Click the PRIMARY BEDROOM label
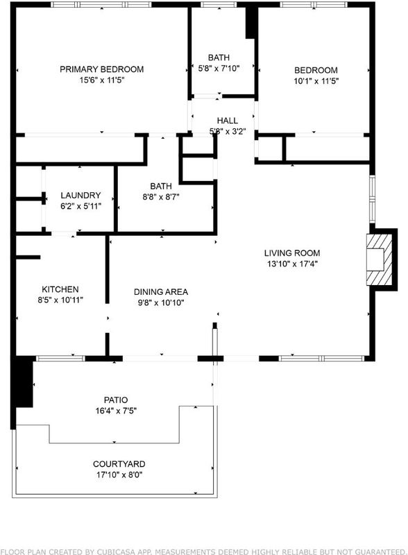101,69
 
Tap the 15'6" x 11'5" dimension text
101,80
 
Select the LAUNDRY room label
80,196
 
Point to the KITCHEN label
60,289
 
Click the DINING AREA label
161,292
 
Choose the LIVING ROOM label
292,253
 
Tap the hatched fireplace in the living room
379,259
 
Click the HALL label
228,121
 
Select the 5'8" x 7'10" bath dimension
219,68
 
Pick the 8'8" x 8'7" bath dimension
161,197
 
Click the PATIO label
116,400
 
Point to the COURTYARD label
119,464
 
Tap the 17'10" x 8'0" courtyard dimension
119,475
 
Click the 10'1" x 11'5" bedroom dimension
316,81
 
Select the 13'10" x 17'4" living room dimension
292,264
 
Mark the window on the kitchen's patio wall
60,359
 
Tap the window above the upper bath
219,5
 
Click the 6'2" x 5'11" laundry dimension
80,206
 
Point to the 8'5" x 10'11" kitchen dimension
60,300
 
